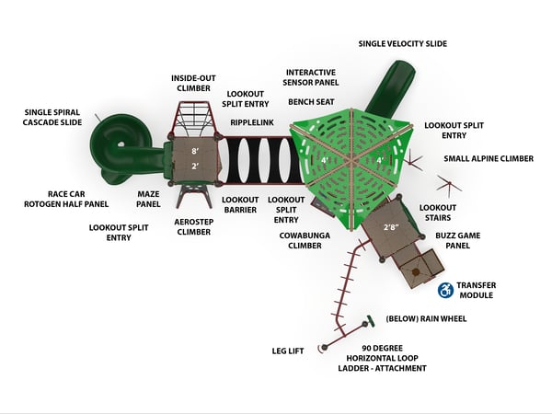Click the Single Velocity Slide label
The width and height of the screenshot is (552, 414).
click(x=403, y=43)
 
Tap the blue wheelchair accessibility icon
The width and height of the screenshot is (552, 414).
click(x=445, y=290)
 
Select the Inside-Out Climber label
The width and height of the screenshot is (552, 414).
click(x=193, y=83)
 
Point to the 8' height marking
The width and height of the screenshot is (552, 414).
click(x=195, y=152)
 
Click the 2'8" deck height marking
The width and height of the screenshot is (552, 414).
click(x=392, y=227)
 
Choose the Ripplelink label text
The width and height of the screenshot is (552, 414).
click(x=252, y=122)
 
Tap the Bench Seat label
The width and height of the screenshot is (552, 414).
click(x=311, y=102)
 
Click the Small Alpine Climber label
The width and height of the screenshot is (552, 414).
click(x=489, y=159)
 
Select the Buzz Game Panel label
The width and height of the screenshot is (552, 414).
click(x=457, y=240)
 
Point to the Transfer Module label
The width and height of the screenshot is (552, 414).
click(x=477, y=290)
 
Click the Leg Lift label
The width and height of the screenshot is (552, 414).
click(x=288, y=351)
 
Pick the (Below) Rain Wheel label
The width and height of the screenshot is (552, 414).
click(x=426, y=319)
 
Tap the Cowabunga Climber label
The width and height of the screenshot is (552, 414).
click(x=305, y=240)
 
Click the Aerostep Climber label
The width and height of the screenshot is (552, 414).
click(x=193, y=227)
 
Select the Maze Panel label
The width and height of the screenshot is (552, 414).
click(x=148, y=199)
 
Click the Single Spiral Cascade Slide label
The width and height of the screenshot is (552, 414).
click(x=52, y=117)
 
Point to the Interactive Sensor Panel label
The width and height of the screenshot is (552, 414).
click(x=311, y=77)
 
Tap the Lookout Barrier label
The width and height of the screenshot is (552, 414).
click(x=240, y=205)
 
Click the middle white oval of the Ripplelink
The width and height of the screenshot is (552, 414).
click(x=267, y=160)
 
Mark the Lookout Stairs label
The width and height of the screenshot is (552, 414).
click(x=438, y=213)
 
